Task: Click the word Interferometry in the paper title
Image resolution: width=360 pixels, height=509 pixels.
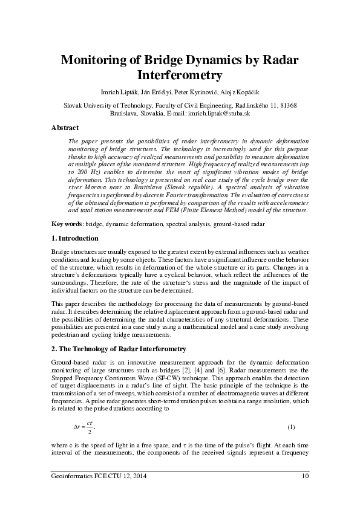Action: [180, 76]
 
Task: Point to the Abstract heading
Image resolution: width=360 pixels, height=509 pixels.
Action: [65, 128]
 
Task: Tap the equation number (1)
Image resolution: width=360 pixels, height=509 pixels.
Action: [291, 427]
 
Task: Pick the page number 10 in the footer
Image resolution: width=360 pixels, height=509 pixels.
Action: [305, 477]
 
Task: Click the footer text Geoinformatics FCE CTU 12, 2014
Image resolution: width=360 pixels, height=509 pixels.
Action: [99, 477]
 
